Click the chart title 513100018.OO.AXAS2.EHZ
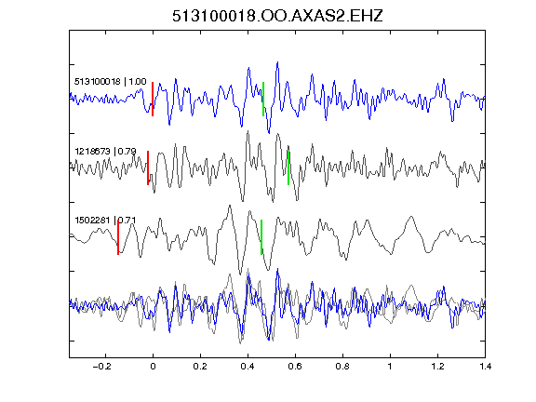pyautogui.click(x=277, y=16)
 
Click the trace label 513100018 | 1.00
pyautogui.click(x=111, y=81)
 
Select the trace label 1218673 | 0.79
pyautogui.click(x=105, y=151)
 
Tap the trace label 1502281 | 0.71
pyautogui.click(x=105, y=220)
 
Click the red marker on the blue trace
pyautogui.click(x=153, y=100)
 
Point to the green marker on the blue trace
pyautogui.click(x=263, y=100)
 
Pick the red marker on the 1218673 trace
pyautogui.click(x=148, y=167)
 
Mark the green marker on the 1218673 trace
pyautogui.click(x=288, y=167)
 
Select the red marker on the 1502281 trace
pyautogui.click(x=118, y=237)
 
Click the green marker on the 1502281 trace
pyautogui.click(x=261, y=237)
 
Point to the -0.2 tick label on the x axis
pyautogui.click(x=101, y=367)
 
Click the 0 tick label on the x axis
pyautogui.click(x=153, y=367)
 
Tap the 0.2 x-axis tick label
pyautogui.click(x=200, y=367)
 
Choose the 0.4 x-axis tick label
pyautogui.click(x=248, y=367)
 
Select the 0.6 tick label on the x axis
pyautogui.click(x=295, y=367)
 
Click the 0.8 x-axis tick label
pyautogui.click(x=342, y=367)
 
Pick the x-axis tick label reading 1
pyautogui.click(x=390, y=367)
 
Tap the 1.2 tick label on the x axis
pyautogui.click(x=437, y=367)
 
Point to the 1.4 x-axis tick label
pyautogui.click(x=485, y=367)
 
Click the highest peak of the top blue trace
pyautogui.click(x=277, y=62)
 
